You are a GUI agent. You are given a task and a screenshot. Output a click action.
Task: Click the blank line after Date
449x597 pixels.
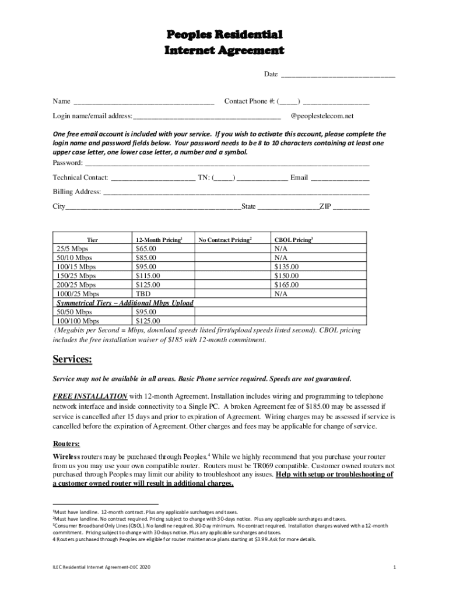(338, 75)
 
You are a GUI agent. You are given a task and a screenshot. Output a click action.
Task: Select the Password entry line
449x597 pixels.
(227, 163)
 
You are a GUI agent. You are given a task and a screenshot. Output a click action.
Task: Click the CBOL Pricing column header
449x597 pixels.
(293, 240)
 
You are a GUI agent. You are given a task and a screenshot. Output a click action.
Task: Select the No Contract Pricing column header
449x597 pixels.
(224, 240)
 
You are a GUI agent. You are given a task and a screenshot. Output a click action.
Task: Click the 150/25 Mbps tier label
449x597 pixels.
(76, 276)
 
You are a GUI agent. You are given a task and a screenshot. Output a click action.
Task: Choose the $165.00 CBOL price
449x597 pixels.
(286, 285)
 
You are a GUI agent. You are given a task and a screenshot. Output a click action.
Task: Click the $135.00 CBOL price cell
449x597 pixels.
(286, 267)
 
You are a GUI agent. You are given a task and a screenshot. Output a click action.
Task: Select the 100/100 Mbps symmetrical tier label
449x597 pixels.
(78, 321)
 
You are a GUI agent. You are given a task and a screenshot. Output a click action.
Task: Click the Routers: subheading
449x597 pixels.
(67, 443)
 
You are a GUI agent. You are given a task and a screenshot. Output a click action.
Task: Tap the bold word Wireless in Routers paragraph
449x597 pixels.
(66, 455)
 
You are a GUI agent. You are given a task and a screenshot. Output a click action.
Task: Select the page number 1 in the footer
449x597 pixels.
(395, 567)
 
